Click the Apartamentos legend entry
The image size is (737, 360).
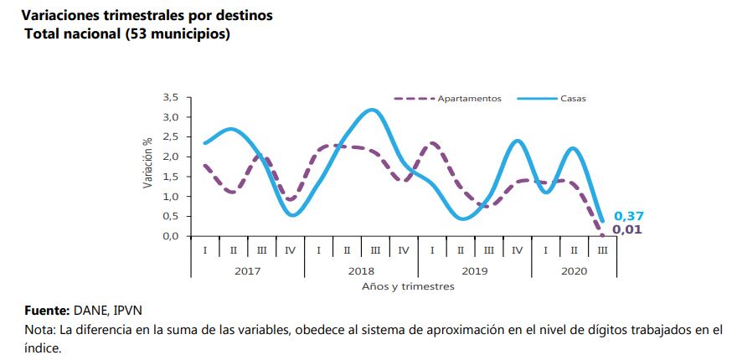click(x=469, y=99)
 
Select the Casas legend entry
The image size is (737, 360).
click(x=573, y=99)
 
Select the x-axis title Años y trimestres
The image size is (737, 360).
click(x=408, y=286)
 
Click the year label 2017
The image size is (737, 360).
click(x=247, y=271)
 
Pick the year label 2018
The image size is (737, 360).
click(x=361, y=271)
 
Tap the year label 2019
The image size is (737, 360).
click(x=474, y=271)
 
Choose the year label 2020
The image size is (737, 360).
click(x=574, y=271)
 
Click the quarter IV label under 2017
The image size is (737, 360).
click(x=290, y=250)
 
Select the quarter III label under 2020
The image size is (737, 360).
click(x=602, y=250)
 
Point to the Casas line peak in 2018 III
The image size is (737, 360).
click(x=371, y=110)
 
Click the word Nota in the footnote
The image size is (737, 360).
click(x=39, y=330)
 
